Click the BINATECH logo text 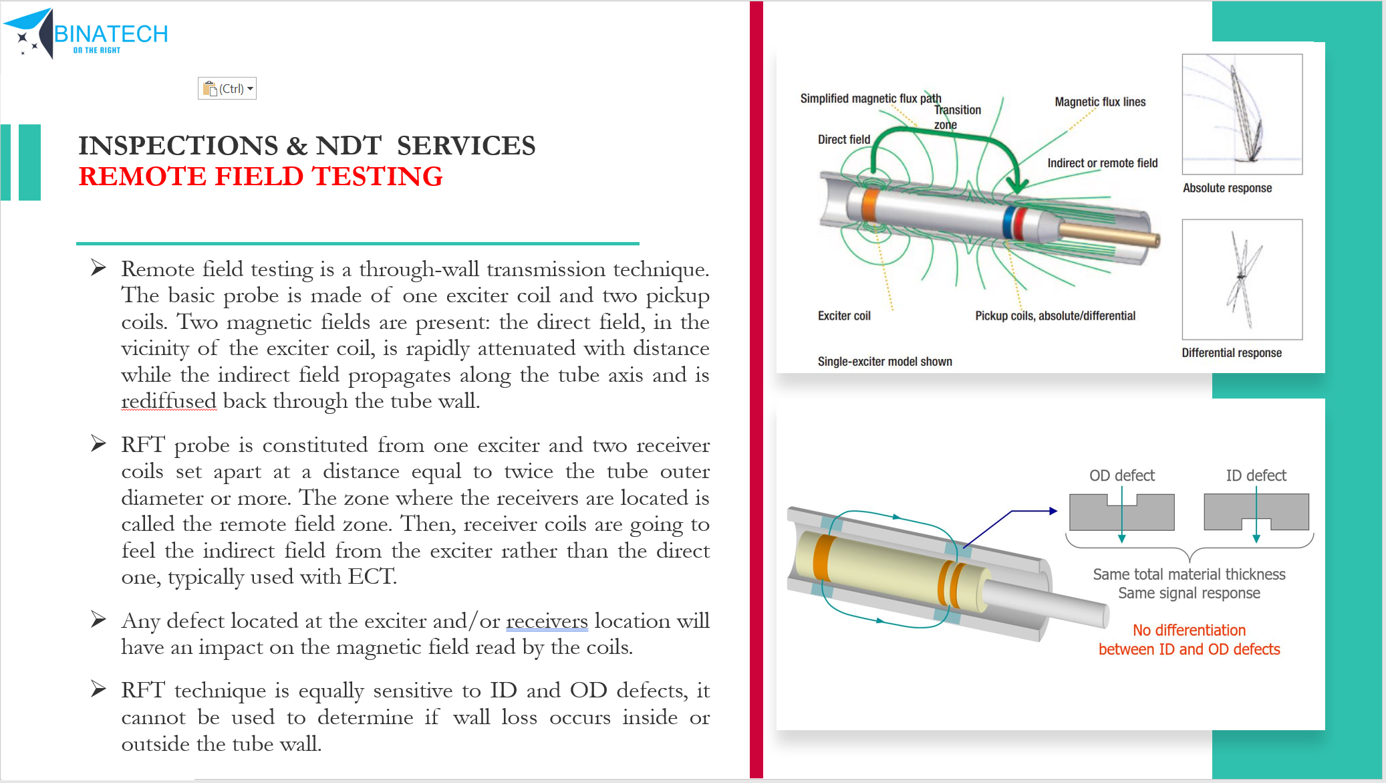point(111,33)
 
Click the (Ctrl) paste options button point(227,88)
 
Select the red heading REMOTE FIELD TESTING point(261,177)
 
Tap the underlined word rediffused point(168,401)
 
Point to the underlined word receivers point(547,621)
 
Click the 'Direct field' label point(843,139)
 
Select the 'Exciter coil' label point(844,316)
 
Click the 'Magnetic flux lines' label point(1100,102)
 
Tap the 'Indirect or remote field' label point(1102,163)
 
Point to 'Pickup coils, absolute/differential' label point(1055,316)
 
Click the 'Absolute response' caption point(1227,188)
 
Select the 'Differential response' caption point(1231,353)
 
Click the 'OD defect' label point(1121,475)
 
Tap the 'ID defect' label point(1256,475)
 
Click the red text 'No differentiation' point(1189,630)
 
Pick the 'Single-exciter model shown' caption point(885,362)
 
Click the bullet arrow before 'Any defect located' point(98,620)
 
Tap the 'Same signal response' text point(1189,593)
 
